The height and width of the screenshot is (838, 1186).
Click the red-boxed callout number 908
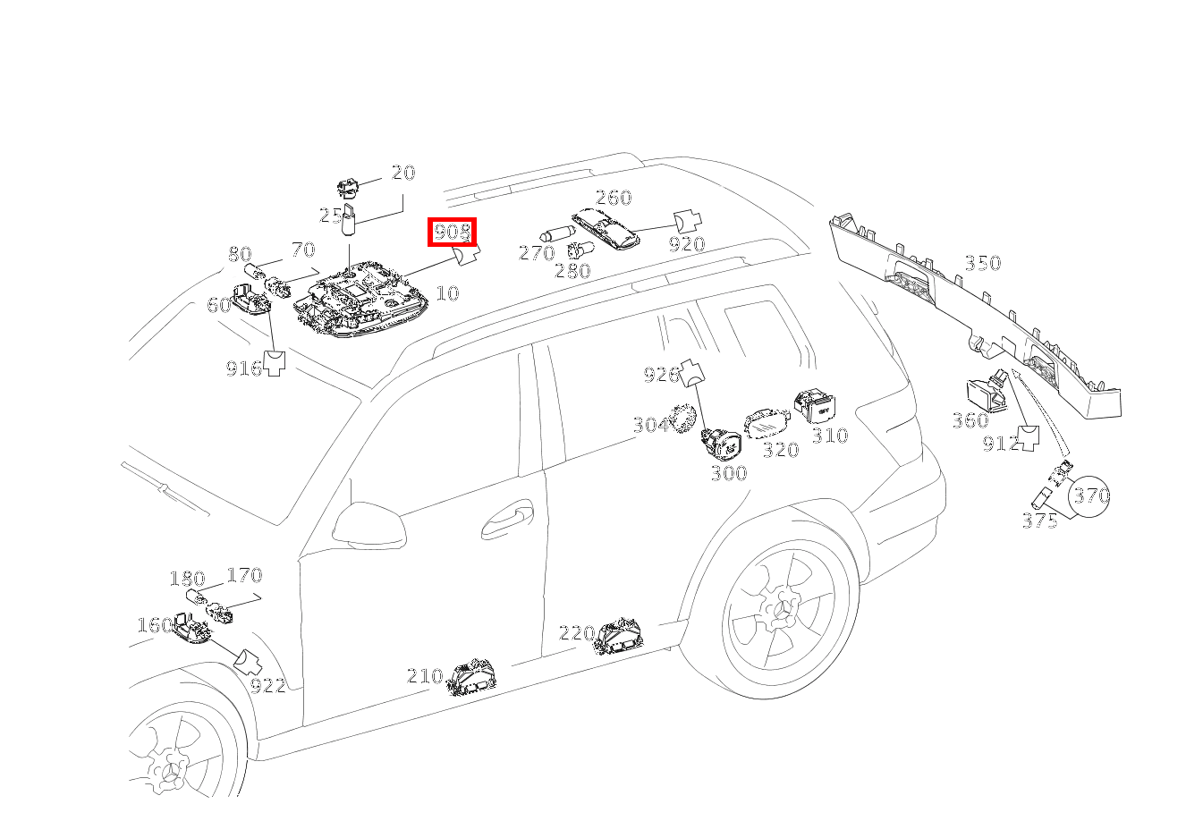[453, 232]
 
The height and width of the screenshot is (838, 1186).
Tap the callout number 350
[983, 263]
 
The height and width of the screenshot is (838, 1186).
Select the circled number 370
[1089, 496]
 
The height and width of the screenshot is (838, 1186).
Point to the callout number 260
[614, 198]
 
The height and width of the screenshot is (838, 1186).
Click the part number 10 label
[447, 292]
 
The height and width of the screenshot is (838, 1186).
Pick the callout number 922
[268, 686]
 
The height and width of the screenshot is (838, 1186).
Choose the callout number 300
[729, 473]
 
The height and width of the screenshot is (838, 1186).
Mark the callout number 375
[1039, 521]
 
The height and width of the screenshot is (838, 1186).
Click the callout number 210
[425, 676]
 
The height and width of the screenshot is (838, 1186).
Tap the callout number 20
[403, 173]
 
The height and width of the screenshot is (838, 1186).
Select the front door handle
[507, 520]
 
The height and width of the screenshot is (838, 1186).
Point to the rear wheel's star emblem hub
[782, 611]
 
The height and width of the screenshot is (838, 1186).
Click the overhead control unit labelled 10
[361, 298]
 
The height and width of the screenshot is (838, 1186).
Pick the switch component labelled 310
[814, 407]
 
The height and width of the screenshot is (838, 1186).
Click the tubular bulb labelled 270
[556, 233]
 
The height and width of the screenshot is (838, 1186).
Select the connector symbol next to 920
[687, 221]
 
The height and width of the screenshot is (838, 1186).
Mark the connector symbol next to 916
[275, 363]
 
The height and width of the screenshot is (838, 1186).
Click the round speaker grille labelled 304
[682, 419]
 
